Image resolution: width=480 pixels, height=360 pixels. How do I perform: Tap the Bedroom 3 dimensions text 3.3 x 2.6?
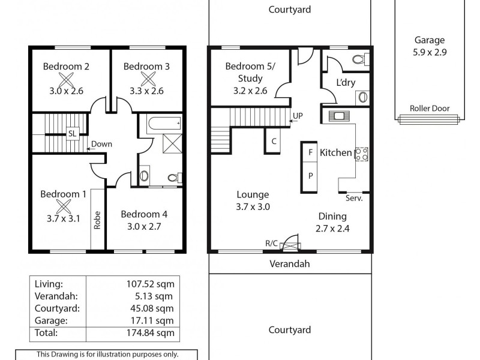pos(146,91)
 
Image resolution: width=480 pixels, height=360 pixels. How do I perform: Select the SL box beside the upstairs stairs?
pos(72,133)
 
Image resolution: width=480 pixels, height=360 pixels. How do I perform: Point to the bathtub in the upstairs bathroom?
pos(163,124)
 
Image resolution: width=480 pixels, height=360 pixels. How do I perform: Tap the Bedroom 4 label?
pos(144,214)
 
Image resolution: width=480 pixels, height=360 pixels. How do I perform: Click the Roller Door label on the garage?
pos(430,109)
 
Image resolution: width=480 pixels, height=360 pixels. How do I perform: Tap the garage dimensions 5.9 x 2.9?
pos(430,52)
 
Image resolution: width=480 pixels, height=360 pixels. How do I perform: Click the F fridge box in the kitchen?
pos(310,152)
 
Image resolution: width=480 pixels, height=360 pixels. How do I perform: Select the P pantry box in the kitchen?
pos(310,176)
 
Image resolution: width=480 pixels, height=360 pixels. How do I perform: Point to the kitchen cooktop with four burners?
pos(361,154)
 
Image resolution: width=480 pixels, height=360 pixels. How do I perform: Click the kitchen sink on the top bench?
pos(339,116)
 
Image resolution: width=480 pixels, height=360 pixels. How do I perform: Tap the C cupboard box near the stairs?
pos(274,142)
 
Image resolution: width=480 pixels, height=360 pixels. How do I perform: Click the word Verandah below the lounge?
pos(290,263)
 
